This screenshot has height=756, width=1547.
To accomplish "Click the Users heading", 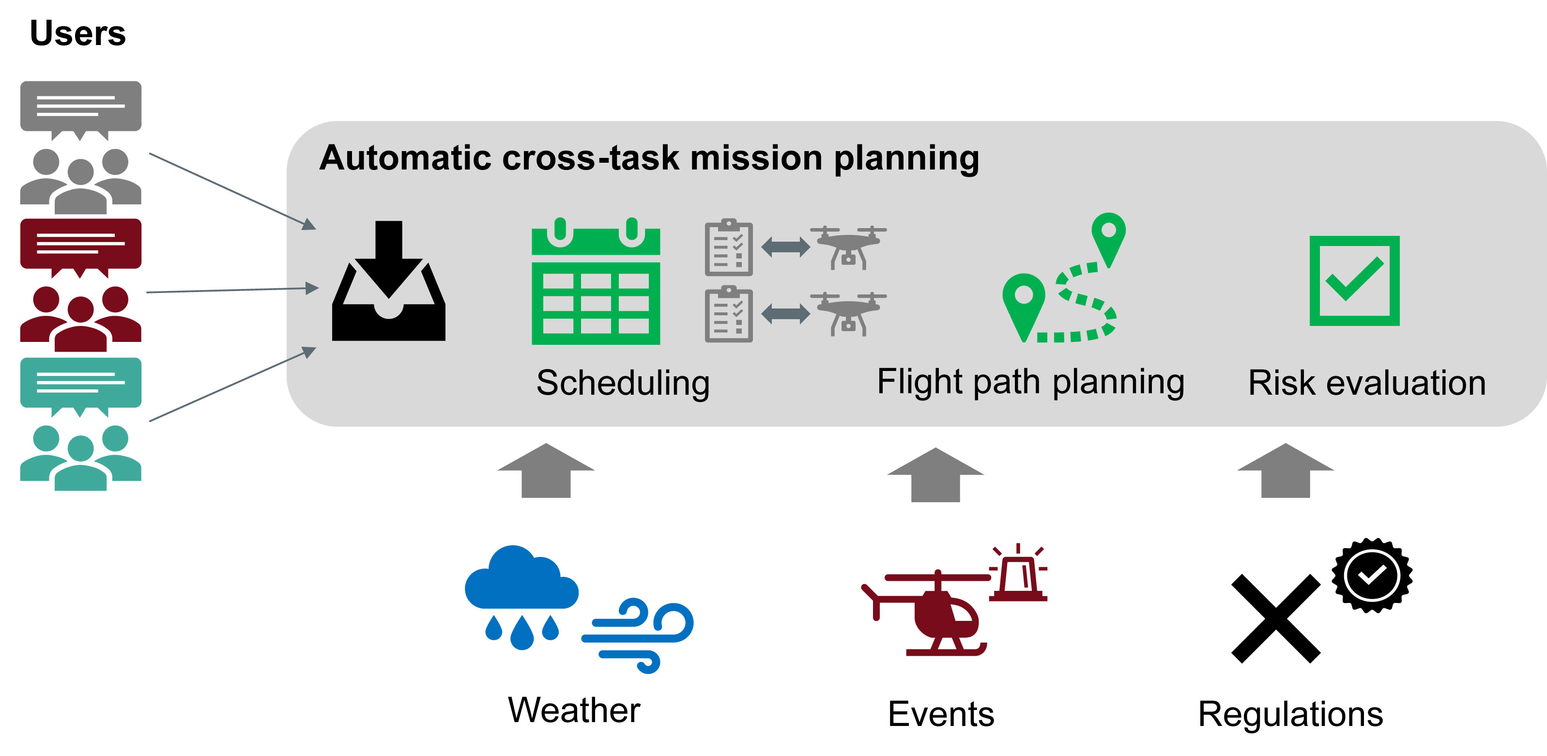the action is [77, 33].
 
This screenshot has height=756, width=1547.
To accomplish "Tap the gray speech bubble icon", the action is [81, 110].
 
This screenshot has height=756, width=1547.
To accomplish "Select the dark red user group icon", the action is [81, 318].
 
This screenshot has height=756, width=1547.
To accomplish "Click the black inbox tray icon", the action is [388, 281].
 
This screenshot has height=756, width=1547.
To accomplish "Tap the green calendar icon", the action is [596, 281].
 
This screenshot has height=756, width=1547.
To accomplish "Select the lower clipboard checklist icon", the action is [728, 314].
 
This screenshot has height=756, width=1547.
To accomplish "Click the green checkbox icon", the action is [1354, 281].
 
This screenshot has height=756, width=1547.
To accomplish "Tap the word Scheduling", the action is [623, 383].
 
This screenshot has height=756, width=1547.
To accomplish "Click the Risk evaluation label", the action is [1367, 383].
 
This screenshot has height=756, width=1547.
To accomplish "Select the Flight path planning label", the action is [1030, 382].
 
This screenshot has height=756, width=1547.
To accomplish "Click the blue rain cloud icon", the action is [521, 594].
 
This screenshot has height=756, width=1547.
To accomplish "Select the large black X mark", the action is [1275, 618].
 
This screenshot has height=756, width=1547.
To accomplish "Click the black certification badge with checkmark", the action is [1372, 575].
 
